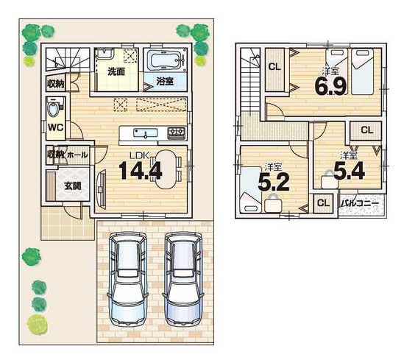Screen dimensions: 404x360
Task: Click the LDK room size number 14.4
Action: point(141,170)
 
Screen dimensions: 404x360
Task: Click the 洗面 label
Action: point(116,71)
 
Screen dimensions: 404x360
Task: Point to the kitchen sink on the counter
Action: point(145,133)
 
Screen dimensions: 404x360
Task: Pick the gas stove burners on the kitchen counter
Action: point(177,133)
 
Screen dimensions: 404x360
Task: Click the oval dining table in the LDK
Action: point(166,169)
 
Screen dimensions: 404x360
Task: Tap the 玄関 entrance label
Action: point(73,186)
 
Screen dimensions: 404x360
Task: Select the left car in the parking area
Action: point(127,279)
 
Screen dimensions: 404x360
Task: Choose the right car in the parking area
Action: point(182,279)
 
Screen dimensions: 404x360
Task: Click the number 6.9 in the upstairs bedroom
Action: point(330,86)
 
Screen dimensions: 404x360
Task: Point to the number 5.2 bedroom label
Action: point(273,182)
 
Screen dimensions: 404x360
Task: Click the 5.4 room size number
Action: point(349,170)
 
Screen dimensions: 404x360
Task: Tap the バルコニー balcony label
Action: point(361,204)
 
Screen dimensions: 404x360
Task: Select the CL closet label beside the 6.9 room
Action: point(274,67)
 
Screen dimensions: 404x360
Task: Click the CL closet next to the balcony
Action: point(323,203)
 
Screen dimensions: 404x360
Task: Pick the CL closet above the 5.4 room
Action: point(367,130)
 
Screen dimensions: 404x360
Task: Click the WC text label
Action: point(56,127)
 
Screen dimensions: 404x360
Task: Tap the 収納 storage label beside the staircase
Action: point(56,83)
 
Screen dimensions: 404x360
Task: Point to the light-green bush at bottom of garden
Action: point(38,325)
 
